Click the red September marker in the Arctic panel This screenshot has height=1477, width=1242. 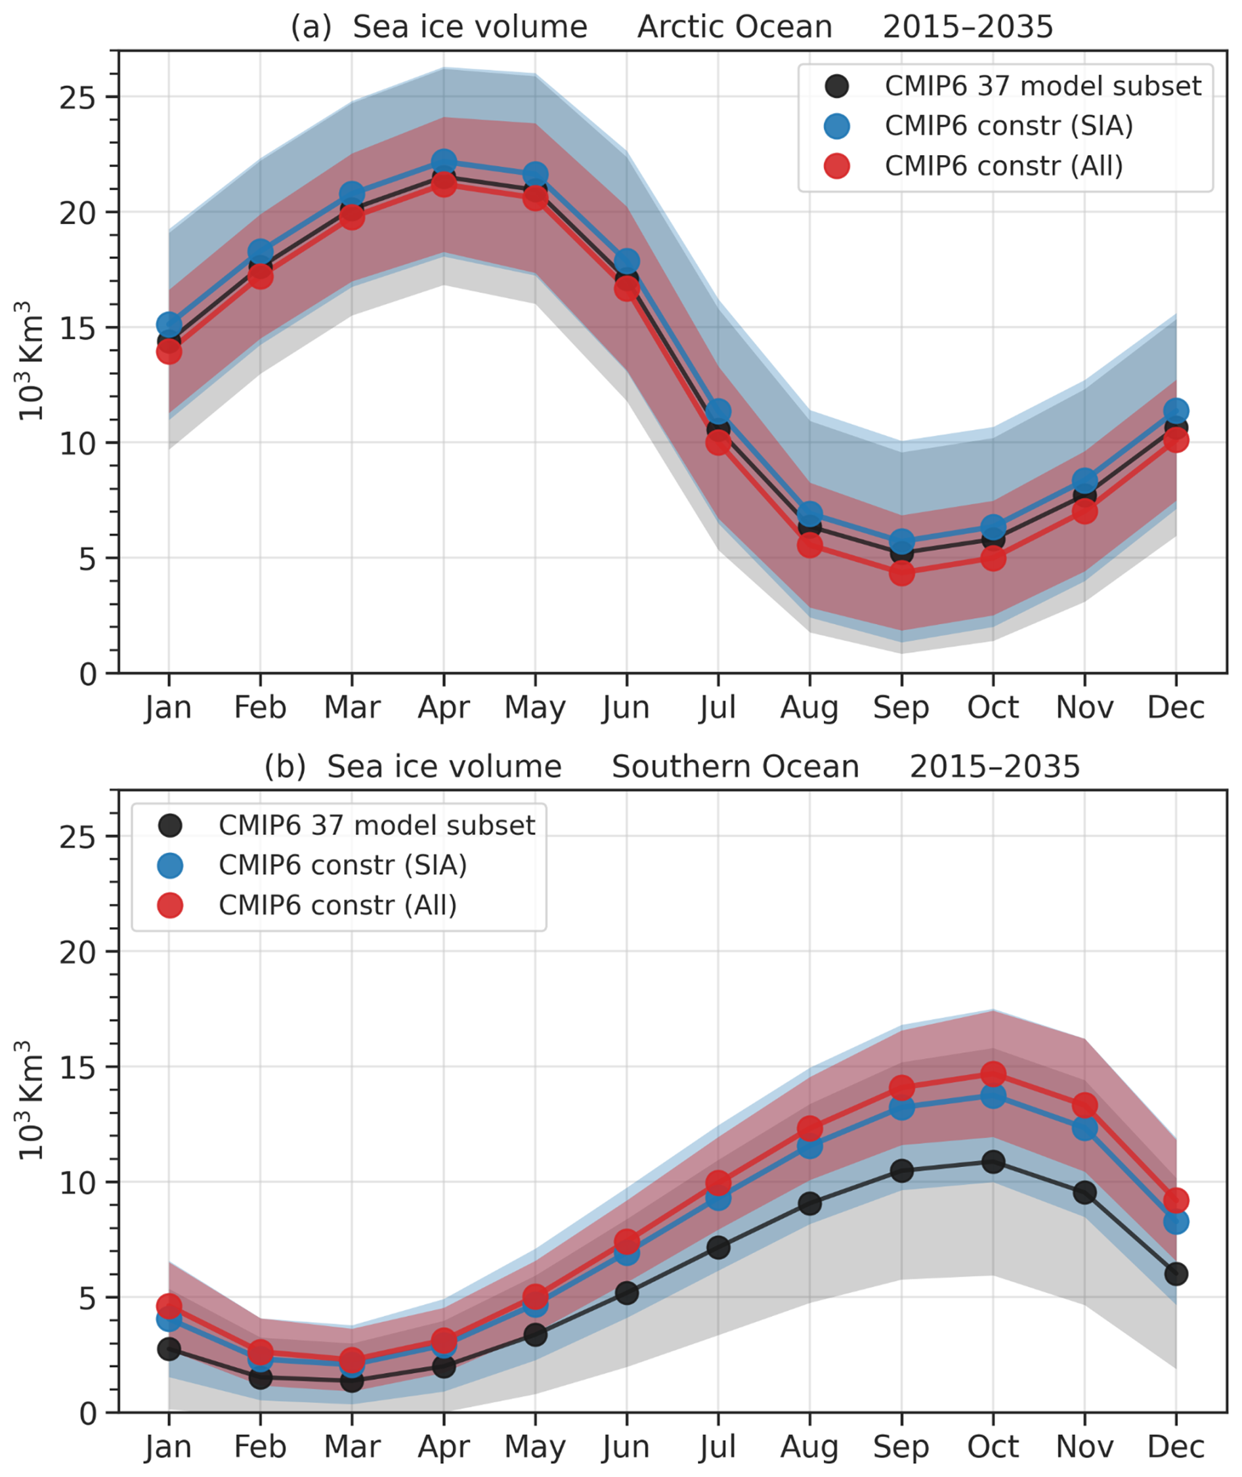click(x=901, y=573)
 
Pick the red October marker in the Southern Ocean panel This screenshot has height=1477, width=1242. click(x=993, y=1074)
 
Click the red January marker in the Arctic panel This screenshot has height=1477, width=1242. click(x=169, y=351)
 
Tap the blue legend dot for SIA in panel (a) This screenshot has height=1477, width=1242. click(x=836, y=126)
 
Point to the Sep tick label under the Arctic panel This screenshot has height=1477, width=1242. click(x=901, y=707)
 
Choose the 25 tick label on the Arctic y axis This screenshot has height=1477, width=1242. click(x=77, y=98)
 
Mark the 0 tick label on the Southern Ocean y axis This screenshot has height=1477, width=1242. click(x=87, y=1413)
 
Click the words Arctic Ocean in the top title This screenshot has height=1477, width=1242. click(x=735, y=28)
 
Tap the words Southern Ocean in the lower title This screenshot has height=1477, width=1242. click(x=735, y=767)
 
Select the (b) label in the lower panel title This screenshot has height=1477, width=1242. click(x=285, y=767)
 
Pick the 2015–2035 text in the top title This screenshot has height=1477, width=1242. click(x=968, y=28)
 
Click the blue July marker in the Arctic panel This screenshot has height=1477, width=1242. click(x=718, y=411)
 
